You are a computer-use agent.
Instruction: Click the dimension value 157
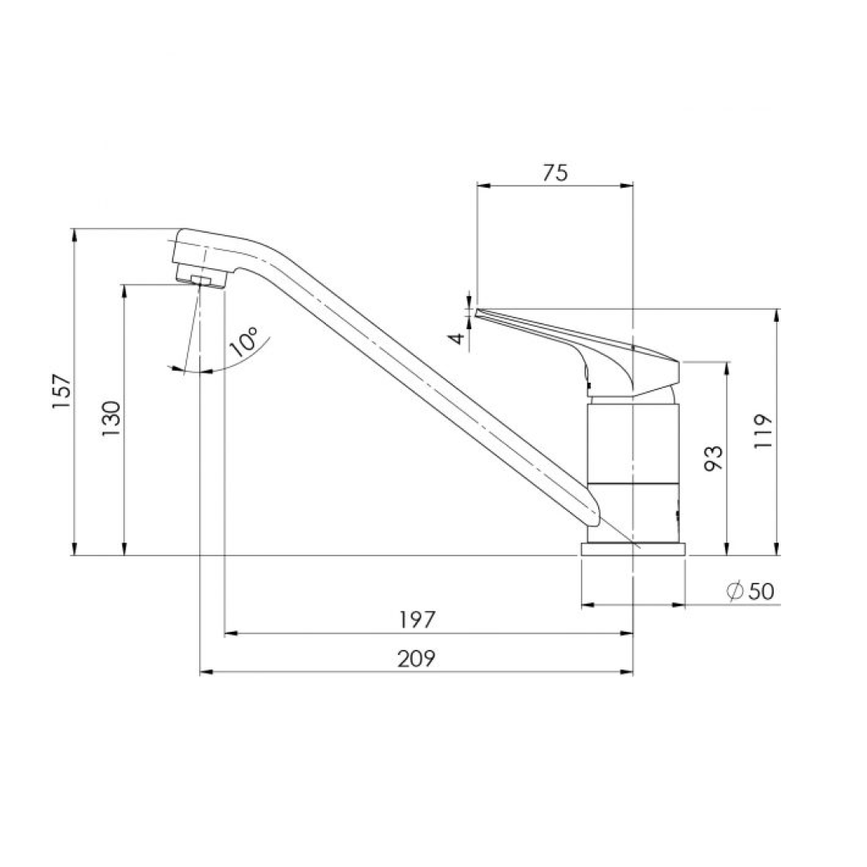(x=63, y=393)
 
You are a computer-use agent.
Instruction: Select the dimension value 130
(x=112, y=417)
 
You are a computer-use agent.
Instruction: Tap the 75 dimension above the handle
(x=554, y=172)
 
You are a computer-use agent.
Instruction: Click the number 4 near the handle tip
(x=458, y=338)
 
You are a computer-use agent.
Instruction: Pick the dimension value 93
(x=714, y=458)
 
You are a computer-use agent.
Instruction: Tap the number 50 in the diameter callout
(x=760, y=591)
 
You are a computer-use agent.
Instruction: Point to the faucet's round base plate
(x=633, y=550)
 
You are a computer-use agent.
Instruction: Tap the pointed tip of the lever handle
(x=478, y=311)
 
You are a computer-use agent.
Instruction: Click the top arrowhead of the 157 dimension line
(x=74, y=234)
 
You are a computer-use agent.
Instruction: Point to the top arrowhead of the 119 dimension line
(x=777, y=314)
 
